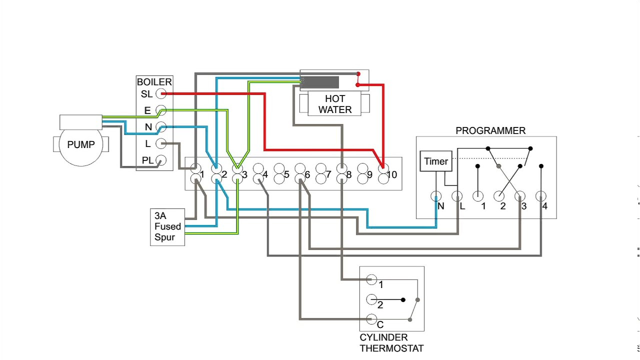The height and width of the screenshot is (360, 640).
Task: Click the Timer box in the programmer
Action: (x=436, y=161)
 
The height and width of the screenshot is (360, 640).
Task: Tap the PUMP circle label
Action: (x=80, y=144)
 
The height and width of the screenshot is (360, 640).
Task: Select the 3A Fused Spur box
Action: (x=167, y=227)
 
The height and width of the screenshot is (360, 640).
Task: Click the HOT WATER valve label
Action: (x=335, y=104)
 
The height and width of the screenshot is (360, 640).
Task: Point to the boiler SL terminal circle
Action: (x=161, y=93)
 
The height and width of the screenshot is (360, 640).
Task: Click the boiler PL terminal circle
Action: (x=161, y=160)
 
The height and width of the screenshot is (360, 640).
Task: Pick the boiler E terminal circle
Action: (x=161, y=110)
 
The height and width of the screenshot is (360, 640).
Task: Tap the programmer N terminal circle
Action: (x=436, y=196)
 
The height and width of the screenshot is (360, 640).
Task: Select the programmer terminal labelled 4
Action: (x=541, y=196)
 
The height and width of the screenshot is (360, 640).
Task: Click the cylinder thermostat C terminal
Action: (x=371, y=318)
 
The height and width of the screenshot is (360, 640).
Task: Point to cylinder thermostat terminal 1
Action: (x=371, y=279)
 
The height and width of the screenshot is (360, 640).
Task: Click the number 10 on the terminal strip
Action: (x=391, y=174)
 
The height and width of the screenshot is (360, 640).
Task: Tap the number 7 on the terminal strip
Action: (x=328, y=174)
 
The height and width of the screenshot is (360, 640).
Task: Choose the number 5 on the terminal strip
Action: (x=286, y=174)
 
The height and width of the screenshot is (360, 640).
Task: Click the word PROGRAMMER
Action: (x=490, y=130)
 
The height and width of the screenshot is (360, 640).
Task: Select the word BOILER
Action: (x=154, y=82)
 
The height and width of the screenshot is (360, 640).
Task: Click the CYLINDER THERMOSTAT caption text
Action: (x=391, y=343)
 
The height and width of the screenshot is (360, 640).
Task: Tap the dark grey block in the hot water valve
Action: (x=320, y=82)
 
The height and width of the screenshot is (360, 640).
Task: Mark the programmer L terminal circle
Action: (x=457, y=196)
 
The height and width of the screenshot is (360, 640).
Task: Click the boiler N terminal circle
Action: (x=161, y=126)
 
